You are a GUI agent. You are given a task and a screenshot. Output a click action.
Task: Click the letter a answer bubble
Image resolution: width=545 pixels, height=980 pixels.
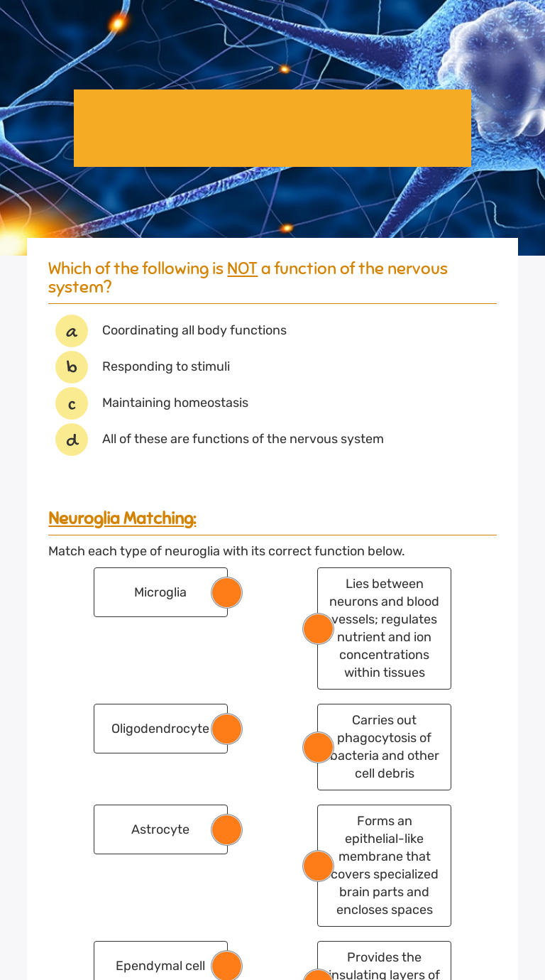coord(72,331)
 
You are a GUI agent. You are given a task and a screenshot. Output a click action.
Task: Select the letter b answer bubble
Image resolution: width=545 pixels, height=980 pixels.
coord(72,367)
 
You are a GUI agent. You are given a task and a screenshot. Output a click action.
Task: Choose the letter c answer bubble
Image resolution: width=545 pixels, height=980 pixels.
coord(72,403)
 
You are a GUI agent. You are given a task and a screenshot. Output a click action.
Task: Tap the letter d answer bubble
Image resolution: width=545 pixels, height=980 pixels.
coord(72,440)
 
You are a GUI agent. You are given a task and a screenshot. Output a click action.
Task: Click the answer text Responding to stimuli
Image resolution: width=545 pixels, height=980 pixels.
coord(166,366)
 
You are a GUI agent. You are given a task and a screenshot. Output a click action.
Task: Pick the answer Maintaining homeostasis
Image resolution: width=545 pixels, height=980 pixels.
coord(175,403)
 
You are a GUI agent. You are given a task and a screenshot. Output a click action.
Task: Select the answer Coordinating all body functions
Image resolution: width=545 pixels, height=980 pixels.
coord(194,330)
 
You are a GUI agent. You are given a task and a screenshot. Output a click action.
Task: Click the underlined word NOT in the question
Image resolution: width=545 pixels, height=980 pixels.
coord(242,268)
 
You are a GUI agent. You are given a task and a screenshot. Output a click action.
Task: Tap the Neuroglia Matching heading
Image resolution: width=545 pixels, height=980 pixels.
coord(122,518)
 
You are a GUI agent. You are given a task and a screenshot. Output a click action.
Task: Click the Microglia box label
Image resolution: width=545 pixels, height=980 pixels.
coord(160,592)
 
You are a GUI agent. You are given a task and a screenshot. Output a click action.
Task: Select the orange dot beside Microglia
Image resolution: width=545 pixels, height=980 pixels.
coord(227,592)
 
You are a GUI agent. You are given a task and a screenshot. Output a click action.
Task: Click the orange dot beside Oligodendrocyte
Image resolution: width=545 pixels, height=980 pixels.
coord(227,729)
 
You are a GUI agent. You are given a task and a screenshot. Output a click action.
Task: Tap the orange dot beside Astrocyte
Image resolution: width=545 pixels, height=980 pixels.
coord(227,829)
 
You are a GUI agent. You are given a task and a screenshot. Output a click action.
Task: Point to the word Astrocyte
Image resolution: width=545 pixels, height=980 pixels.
coord(160,829)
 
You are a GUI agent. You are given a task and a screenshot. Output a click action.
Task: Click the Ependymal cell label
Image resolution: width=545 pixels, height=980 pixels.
coord(160,966)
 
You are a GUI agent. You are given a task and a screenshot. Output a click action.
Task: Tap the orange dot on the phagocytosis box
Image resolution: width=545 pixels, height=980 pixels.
coord(318,747)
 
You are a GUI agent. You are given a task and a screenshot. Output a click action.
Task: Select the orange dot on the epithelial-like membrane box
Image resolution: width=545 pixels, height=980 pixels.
coord(318,866)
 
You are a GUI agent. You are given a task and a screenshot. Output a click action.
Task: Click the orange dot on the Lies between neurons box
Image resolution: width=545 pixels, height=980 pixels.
coord(318,628)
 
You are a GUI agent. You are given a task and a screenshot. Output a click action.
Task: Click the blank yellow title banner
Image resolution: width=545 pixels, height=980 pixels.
coord(272,128)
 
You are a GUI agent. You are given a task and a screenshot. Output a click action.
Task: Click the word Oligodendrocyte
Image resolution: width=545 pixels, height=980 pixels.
coord(160,729)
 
